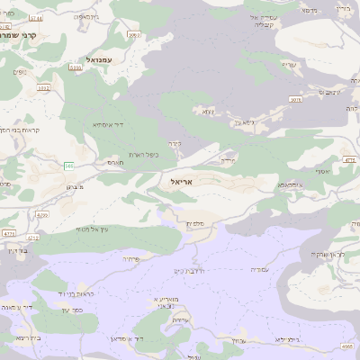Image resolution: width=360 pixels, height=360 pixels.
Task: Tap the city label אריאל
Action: pos(181,181)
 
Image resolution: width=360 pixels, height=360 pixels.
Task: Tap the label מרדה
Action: pos(229,159)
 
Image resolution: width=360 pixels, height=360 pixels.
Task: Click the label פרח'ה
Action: pos(131,259)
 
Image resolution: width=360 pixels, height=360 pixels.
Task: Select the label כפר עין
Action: pos(71,310)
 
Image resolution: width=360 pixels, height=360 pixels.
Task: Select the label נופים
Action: pos(18,71)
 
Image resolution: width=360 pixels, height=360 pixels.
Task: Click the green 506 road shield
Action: pos(68,165)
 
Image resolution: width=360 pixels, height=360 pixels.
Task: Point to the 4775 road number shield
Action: pos(9,233)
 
